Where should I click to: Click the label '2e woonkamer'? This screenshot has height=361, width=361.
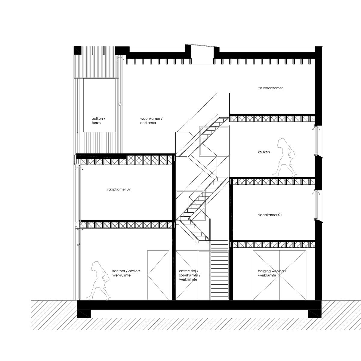(x=270, y=88)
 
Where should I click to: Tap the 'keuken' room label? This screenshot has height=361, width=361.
(x=264, y=152)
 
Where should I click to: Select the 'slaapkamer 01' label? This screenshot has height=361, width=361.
(x=270, y=215)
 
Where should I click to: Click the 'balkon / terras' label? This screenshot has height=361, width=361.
(x=99, y=121)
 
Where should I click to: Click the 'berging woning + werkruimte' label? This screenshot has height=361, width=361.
(x=272, y=273)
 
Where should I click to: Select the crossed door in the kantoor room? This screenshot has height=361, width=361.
(x=158, y=275)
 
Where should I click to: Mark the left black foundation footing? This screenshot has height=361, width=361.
(x=84, y=313)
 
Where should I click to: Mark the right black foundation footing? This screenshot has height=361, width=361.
(x=314, y=313)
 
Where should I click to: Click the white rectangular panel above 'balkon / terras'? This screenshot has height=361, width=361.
(x=100, y=105)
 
